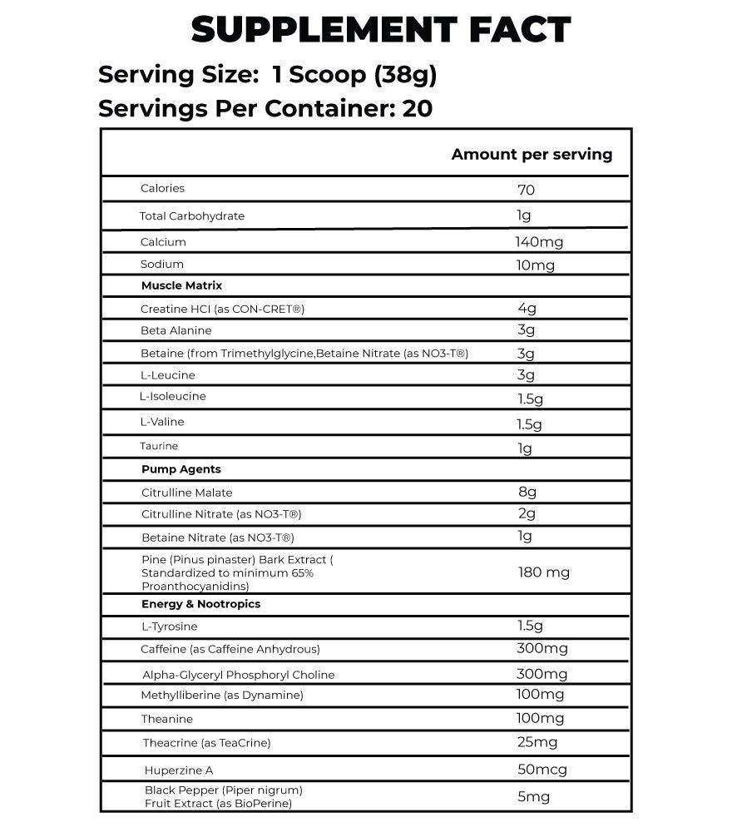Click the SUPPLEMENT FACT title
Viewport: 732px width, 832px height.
point(380,31)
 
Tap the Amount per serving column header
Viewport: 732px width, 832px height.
point(532,154)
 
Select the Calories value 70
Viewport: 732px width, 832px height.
point(526,190)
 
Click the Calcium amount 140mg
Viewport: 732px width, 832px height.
point(539,242)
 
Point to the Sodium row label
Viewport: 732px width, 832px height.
point(162,264)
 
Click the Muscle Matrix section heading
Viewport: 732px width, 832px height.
point(181,285)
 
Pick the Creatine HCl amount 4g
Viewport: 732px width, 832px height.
point(527,309)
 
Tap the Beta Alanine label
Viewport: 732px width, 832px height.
point(176,330)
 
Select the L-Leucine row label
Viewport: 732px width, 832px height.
point(168,375)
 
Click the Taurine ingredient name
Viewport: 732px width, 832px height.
point(159,446)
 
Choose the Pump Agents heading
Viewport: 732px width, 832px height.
point(181,469)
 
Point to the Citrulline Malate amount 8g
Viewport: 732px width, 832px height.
point(527,493)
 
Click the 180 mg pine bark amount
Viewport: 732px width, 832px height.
point(543,572)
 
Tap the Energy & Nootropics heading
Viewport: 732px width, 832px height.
point(200,604)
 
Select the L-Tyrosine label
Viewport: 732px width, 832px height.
point(169,626)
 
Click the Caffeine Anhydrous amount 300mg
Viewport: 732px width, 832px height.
point(542,648)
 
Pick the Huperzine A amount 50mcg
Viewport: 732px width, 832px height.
point(542,770)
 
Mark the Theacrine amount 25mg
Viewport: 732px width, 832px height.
point(537,742)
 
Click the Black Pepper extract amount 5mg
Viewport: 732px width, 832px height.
point(533,797)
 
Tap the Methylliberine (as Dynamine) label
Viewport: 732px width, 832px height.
point(222,695)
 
